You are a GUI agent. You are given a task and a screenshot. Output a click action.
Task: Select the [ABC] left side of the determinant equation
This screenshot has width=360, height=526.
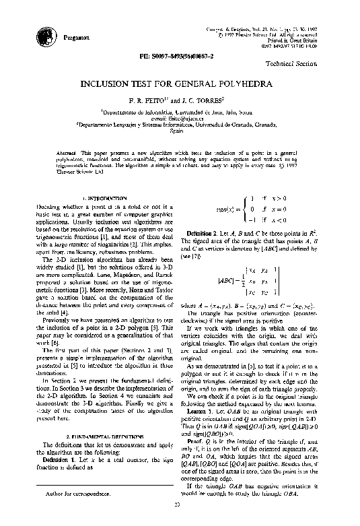pyautogui.click(x=207, y=279)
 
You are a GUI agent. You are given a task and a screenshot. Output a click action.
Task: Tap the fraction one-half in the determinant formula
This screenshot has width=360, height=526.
pyautogui.click(x=223, y=279)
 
